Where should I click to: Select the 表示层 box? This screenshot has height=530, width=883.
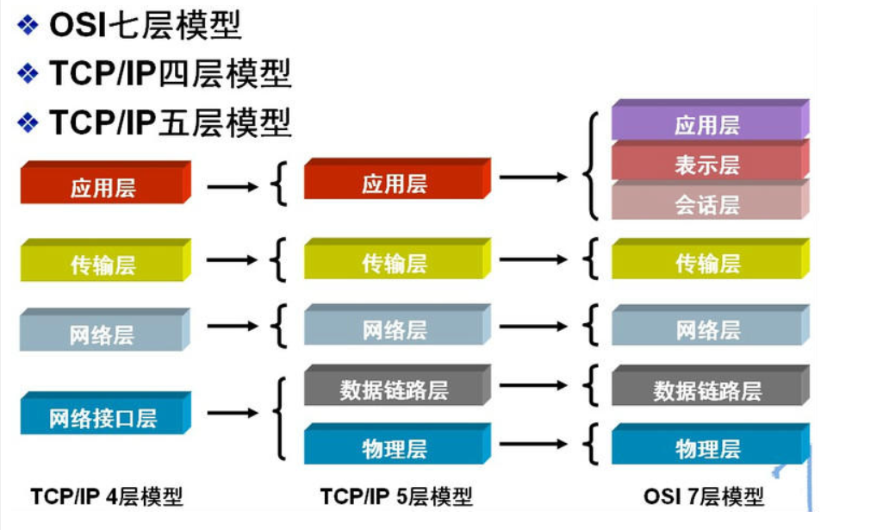pos(706,165)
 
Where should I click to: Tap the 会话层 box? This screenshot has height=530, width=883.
pos(706,204)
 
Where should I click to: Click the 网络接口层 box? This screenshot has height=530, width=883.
pos(103,419)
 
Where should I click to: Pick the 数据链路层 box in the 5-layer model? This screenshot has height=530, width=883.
pos(395,390)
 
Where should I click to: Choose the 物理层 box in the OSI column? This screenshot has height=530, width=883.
pos(707,449)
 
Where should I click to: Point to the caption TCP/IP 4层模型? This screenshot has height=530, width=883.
pos(107,496)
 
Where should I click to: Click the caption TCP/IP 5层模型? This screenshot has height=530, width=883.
pos(396,496)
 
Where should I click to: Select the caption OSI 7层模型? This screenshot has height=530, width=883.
pos(704,496)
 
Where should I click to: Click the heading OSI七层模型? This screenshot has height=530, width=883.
pos(145,26)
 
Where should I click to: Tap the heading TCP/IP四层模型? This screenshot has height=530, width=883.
pos(170,74)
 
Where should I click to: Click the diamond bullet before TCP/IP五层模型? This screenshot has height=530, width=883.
pos(28,122)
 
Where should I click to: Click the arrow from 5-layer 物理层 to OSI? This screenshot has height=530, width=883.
pos(533,445)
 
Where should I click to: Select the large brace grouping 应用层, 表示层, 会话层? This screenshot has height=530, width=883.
pos(590,166)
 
